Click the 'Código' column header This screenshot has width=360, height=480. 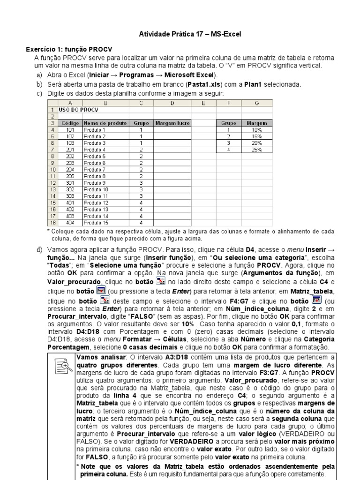tap(70, 123)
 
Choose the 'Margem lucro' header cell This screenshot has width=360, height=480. tap(172, 123)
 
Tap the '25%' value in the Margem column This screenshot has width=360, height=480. tap(256, 150)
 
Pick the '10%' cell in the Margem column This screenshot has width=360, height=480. tap(256, 130)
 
